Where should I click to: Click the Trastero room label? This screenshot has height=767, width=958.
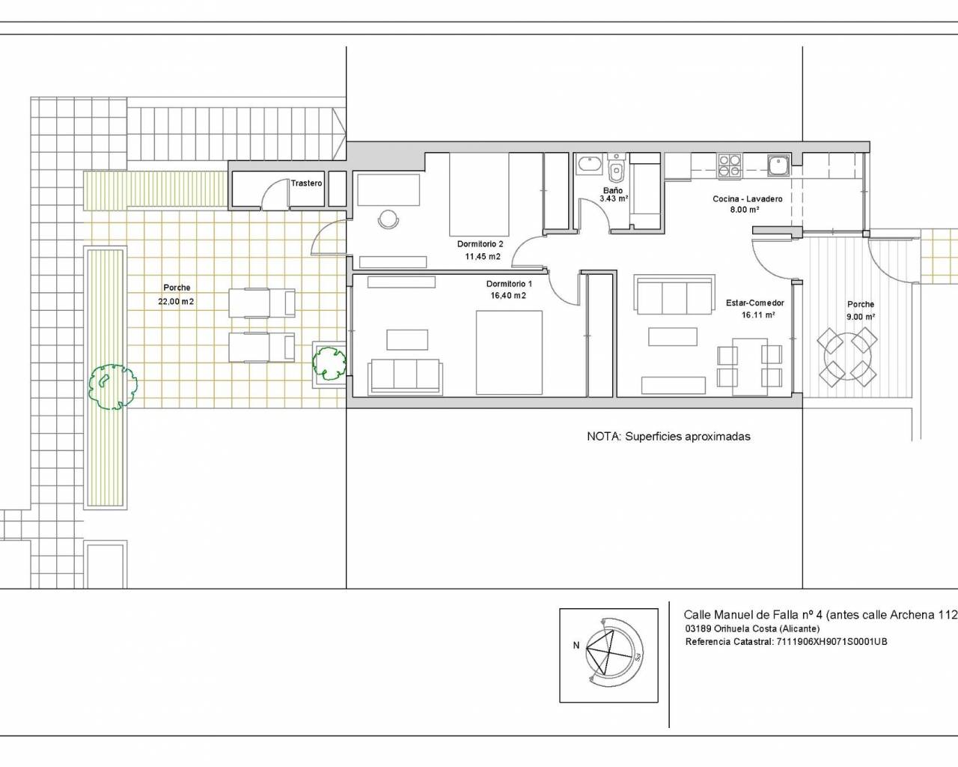(306, 184)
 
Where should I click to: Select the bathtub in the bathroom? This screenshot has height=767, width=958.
(590, 166)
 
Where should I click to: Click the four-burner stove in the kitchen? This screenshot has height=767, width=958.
(729, 166)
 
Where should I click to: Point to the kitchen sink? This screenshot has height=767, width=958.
(779, 166)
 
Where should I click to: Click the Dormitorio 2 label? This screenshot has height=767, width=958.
(480, 244)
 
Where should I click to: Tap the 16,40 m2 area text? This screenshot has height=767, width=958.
(508, 295)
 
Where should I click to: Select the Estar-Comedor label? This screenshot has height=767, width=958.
(755, 303)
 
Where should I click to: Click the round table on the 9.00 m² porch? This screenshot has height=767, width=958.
(847, 357)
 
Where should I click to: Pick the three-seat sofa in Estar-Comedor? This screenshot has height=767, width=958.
(674, 295)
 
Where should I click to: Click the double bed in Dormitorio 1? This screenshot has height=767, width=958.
(509, 353)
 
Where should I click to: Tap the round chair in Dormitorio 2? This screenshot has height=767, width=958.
(388, 219)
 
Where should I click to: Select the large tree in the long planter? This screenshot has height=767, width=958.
(112, 386)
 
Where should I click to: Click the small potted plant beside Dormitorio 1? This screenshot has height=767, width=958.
(329, 364)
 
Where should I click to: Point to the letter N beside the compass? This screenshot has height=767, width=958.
(576, 646)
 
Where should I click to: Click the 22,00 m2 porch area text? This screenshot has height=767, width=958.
(176, 302)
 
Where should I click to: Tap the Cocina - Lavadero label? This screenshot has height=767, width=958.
(748, 198)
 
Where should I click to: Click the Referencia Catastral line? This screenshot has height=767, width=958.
(786, 642)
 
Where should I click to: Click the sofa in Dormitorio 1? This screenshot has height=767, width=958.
(405, 377)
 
